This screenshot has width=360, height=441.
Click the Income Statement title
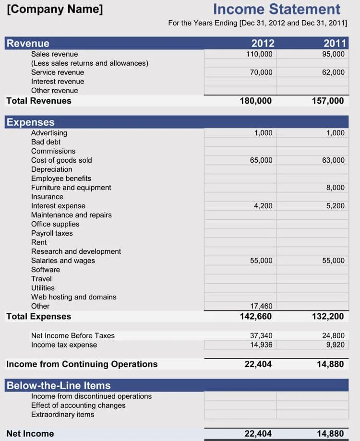276,9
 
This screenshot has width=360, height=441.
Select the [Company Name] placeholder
55,9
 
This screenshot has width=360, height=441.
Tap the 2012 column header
263,43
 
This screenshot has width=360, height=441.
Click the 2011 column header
335,43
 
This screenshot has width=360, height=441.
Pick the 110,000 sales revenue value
259,54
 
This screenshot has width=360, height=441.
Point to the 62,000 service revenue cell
333,72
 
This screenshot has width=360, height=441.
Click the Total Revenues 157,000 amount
327,101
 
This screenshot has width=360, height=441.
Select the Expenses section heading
31,122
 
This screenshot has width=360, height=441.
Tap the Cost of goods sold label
61,160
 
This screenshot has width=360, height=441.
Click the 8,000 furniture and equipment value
335,188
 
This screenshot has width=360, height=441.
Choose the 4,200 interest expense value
263,206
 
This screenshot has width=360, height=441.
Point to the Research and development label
76,251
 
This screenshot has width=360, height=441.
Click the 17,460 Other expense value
261,306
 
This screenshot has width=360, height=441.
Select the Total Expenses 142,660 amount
255,316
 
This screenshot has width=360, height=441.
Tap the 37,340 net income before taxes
261,335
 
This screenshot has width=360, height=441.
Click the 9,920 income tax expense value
335,345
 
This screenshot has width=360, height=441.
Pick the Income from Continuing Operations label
82,364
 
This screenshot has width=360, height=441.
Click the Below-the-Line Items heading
59,385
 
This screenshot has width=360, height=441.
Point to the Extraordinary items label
62,415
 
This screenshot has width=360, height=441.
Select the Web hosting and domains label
73,297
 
